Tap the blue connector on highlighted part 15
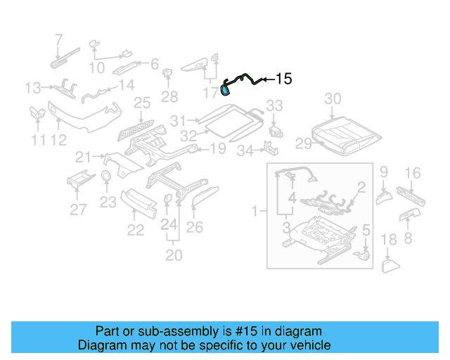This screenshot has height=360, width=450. click(226, 89)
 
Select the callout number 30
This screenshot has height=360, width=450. click(333, 98)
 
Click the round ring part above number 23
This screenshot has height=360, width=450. click(106, 176)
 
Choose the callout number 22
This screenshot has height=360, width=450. click(135, 230)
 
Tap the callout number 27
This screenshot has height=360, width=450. click(78, 209)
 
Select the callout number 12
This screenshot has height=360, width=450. click(58, 140)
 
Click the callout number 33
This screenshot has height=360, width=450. click(274, 105)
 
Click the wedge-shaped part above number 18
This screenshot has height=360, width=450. click(390, 266)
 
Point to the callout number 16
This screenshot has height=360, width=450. click(413, 172)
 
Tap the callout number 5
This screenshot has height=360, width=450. click(365, 229)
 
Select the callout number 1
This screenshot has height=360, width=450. click(255, 210)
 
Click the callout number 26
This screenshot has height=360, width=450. click(195, 226)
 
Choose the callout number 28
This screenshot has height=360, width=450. click(169, 96)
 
